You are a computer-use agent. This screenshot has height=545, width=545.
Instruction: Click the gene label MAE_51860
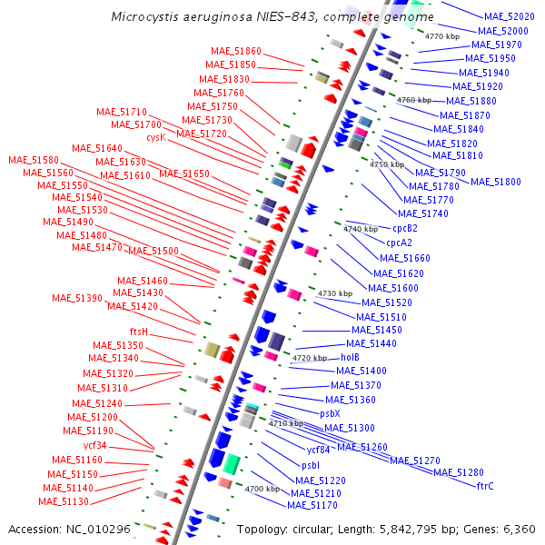235,51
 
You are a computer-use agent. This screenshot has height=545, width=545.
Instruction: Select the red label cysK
156,137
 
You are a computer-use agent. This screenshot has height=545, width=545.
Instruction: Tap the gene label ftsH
139,332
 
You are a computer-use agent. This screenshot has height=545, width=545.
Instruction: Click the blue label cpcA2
399,243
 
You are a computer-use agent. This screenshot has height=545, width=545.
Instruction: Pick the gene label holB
351,357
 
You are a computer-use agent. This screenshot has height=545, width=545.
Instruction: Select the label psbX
330,413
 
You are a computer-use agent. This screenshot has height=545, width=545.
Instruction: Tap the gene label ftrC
485,486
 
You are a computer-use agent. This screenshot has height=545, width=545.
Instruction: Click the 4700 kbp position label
262,489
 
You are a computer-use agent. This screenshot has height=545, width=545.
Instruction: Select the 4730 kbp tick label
334,293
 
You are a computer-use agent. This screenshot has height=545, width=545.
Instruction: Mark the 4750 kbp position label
386,164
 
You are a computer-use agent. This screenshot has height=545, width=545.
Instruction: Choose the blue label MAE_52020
509,16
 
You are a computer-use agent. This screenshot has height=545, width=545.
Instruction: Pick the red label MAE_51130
64,501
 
